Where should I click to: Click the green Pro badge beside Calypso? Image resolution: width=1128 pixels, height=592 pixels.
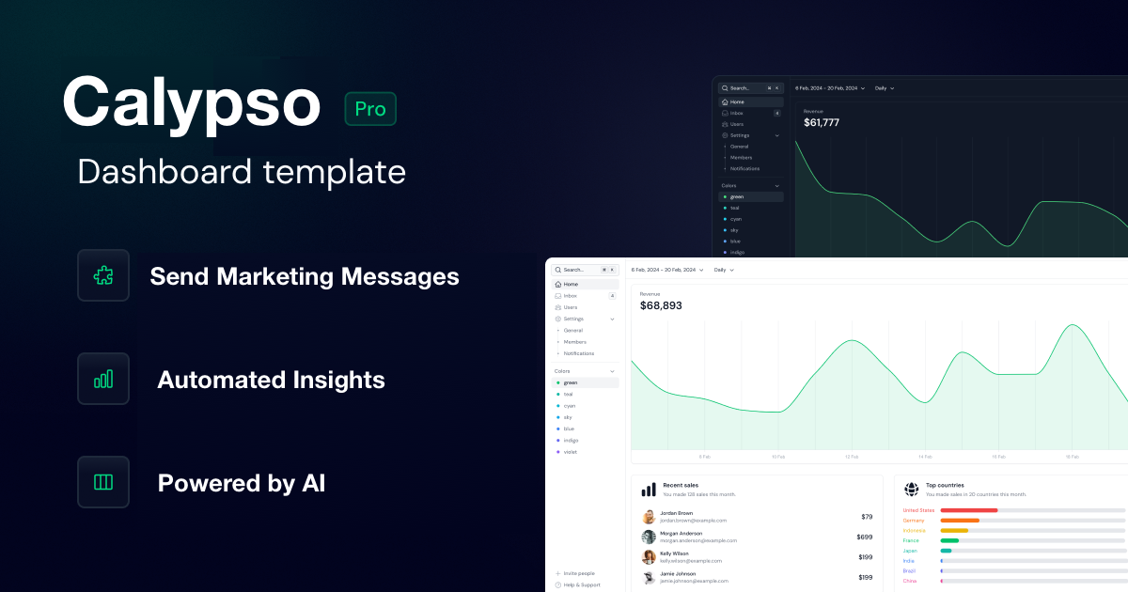click(x=370, y=109)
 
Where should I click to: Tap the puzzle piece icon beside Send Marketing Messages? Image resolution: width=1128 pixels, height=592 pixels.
click(x=103, y=275)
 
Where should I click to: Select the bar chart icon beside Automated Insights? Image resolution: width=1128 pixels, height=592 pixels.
click(x=103, y=379)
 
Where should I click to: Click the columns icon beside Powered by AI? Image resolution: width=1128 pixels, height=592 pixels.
click(x=103, y=482)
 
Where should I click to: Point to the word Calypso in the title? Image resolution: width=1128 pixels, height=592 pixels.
click(x=192, y=102)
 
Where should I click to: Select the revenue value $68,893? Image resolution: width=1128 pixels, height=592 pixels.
click(x=661, y=305)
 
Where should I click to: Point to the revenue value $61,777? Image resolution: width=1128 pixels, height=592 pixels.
click(x=822, y=123)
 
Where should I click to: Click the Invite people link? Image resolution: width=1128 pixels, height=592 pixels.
click(x=578, y=573)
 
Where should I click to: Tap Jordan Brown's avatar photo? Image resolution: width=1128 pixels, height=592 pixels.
click(x=649, y=517)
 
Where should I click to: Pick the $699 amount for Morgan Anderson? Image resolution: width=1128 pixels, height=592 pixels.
click(x=865, y=537)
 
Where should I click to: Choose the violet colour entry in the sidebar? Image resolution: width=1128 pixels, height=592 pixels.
click(x=570, y=452)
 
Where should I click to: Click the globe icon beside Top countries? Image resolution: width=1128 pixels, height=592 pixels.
click(x=911, y=490)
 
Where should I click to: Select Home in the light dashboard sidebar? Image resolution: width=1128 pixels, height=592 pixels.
click(x=571, y=284)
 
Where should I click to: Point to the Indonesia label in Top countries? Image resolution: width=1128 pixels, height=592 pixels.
click(x=914, y=530)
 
